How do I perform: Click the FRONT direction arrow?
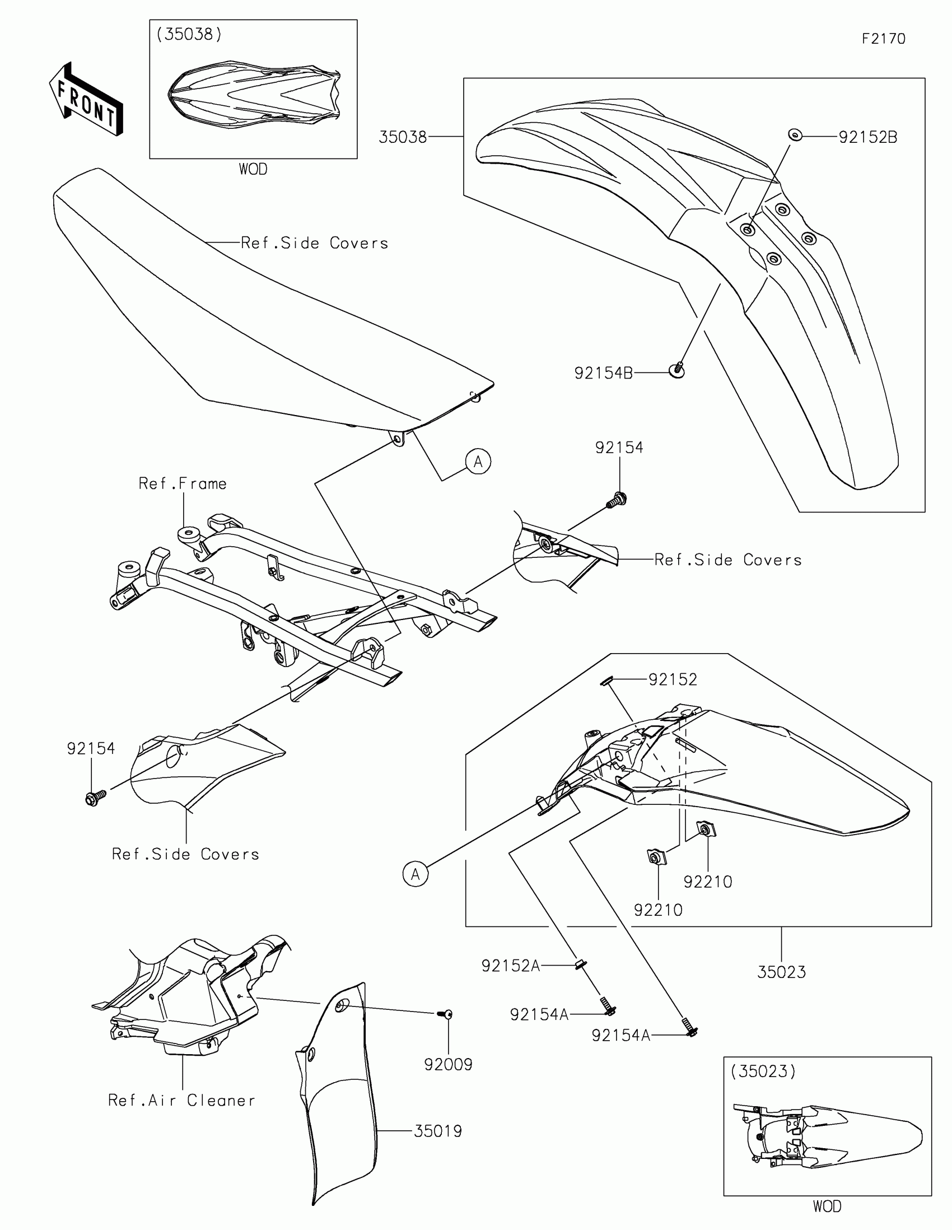[86, 100]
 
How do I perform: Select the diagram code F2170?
[883, 39]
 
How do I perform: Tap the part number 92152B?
[867, 137]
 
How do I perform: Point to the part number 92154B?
[604, 373]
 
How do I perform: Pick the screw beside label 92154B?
[677, 370]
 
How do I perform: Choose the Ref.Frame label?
[183, 484]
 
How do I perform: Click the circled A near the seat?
[478, 462]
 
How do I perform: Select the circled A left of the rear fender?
[416, 874]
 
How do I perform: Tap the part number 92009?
[448, 1064]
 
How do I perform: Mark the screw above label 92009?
[445, 1014]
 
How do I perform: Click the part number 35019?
[437, 1131]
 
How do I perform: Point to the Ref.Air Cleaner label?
[181, 1101]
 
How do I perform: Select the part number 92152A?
[511, 966]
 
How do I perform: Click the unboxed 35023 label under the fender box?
[781, 972]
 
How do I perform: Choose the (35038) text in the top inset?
[189, 34]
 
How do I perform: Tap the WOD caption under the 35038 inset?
[253, 169]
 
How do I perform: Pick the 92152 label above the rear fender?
[672, 680]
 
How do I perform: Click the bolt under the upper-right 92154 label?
[618, 499]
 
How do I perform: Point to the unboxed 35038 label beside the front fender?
[403, 137]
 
